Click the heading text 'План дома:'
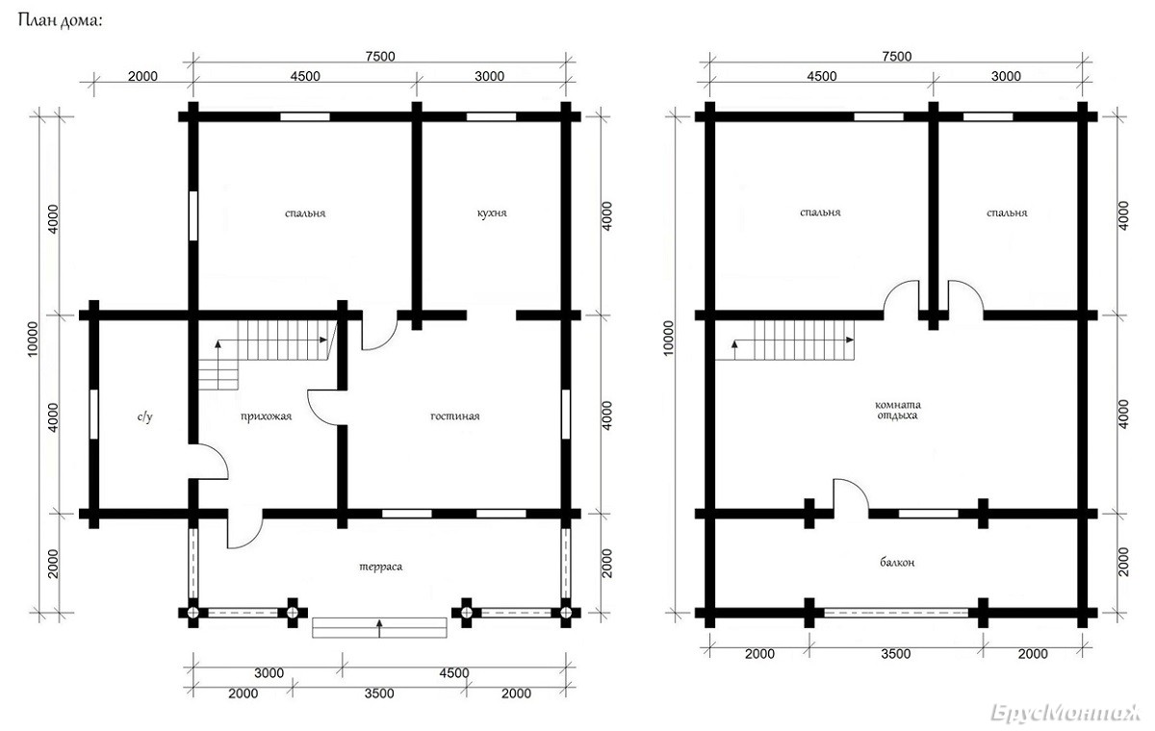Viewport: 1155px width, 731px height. tap(61, 21)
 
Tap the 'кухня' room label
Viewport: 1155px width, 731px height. tap(492, 213)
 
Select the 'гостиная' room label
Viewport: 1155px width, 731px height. tap(454, 416)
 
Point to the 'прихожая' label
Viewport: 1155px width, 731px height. tap(266, 416)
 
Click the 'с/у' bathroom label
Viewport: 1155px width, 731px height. tap(145, 416)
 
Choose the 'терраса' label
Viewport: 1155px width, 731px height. tap(380, 567)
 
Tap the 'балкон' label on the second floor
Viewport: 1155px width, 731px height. tap(897, 562)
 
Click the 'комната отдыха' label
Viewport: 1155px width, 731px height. tap(898, 410)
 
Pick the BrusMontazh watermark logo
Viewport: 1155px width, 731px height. tap(1066, 713)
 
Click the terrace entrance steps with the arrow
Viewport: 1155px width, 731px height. tap(379, 628)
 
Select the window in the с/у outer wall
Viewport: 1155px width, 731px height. tap(94, 415)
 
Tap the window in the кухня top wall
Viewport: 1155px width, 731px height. tap(492, 116)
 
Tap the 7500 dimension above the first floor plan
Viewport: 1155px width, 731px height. tap(380, 56)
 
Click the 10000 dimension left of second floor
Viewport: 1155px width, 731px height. tap(668, 338)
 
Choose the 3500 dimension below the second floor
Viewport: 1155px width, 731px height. tap(896, 654)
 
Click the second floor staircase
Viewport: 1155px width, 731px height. tap(784, 340)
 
